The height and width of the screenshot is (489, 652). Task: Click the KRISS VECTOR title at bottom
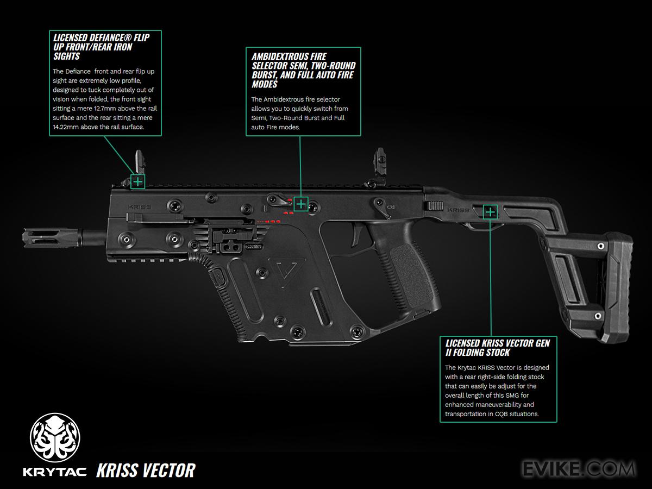[x=146, y=471]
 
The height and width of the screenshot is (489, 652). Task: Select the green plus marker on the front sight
[x=138, y=181]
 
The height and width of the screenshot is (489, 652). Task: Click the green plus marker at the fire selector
[x=301, y=204]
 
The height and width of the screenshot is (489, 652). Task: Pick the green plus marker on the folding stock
[x=490, y=211]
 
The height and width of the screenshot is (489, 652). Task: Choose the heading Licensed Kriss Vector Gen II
[x=498, y=348]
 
